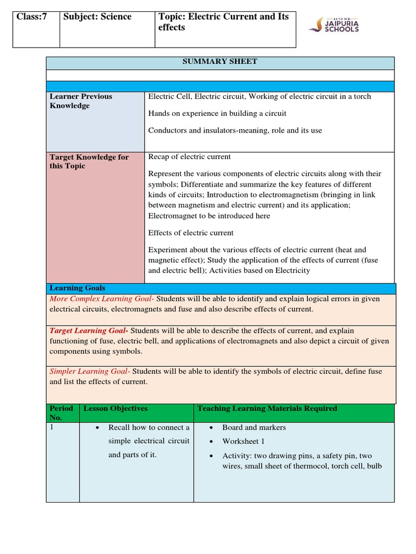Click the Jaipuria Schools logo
click(x=334, y=24)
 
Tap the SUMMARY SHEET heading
click(x=220, y=62)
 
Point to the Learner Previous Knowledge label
click(x=81, y=101)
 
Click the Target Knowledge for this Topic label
click(x=89, y=161)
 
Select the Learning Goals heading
click(x=77, y=288)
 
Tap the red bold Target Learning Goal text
click(x=89, y=331)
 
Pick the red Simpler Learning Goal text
click(x=89, y=371)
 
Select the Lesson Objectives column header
click(x=115, y=408)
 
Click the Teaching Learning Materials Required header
click(x=267, y=408)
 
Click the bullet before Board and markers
click(x=210, y=428)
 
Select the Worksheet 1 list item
click(x=243, y=441)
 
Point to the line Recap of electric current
click(x=190, y=157)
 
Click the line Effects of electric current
click(x=191, y=233)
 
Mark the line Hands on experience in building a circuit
click(x=217, y=113)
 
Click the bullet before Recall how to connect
click(x=96, y=428)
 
